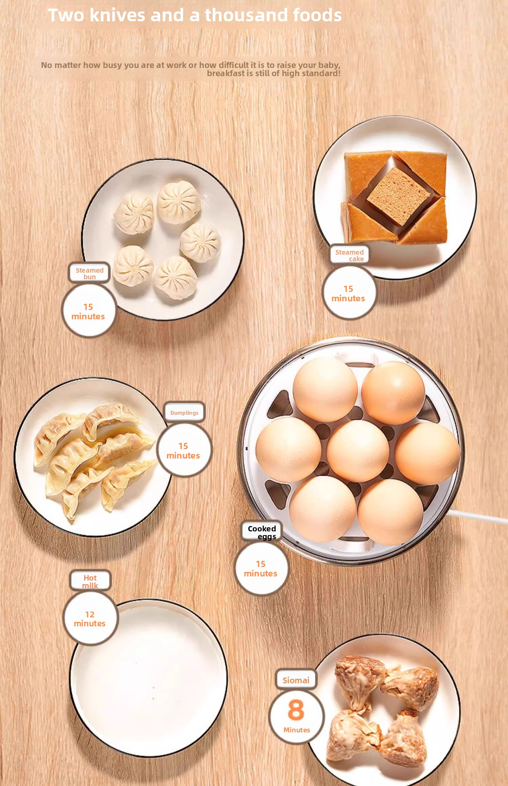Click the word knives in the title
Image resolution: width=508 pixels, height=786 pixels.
click(x=117, y=15)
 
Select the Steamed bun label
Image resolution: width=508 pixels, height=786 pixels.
click(x=89, y=273)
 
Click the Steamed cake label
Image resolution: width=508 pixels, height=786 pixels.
click(x=349, y=255)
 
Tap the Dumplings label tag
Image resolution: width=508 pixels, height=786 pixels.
click(x=184, y=412)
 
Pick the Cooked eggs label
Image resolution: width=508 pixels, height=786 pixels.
click(x=262, y=532)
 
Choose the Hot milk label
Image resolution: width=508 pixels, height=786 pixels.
click(x=90, y=581)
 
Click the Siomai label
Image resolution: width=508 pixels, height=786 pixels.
click(x=296, y=680)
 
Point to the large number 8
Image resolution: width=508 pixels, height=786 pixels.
click(x=296, y=709)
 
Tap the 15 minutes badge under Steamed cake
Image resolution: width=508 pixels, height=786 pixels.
click(x=349, y=293)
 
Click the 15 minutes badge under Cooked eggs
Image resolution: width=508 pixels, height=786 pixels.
click(x=261, y=568)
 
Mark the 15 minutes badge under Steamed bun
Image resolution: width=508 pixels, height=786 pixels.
click(x=88, y=311)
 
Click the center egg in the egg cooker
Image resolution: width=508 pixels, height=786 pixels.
click(x=358, y=450)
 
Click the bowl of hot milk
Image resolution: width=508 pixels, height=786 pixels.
click(x=148, y=678)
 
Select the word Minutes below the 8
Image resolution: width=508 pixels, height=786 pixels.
click(x=297, y=730)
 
